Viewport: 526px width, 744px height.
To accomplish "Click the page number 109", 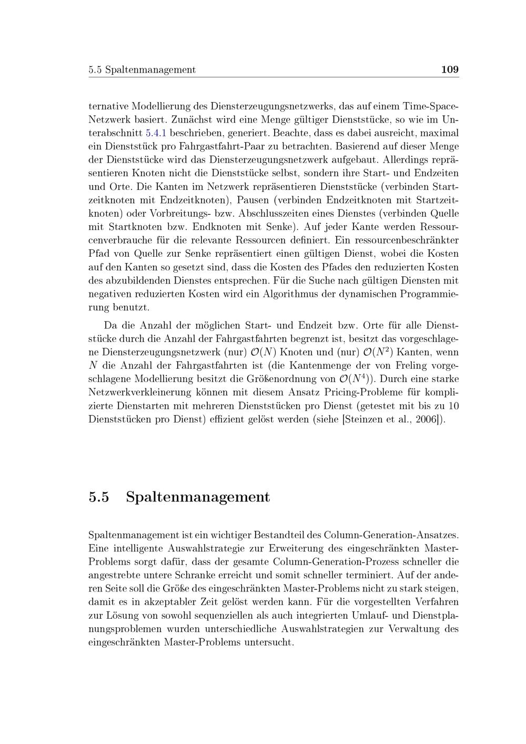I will point(450,69).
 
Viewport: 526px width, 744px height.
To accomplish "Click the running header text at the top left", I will point(142,70).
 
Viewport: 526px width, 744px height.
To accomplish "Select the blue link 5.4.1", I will point(156,133).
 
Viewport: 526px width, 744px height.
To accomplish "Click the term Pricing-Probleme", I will point(373,393).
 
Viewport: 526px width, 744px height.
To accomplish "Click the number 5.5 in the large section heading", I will point(99,497).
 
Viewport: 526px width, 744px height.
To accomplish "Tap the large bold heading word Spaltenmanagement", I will point(198,497).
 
